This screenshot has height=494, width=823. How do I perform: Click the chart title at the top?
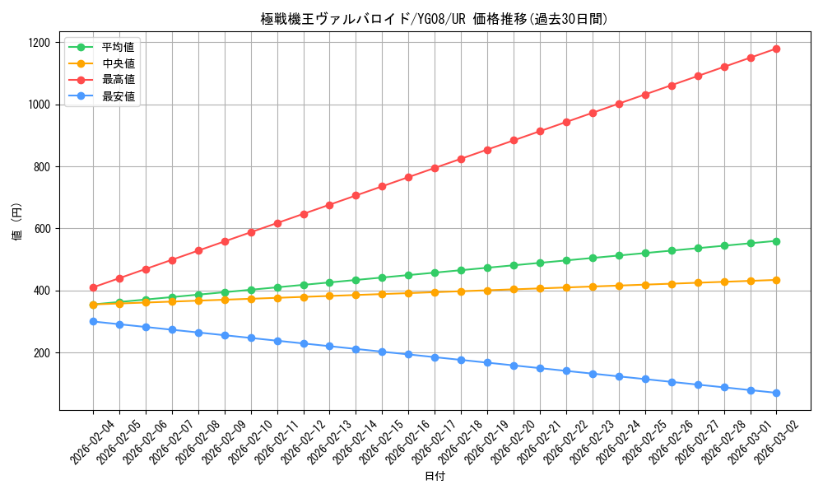coord(435,19)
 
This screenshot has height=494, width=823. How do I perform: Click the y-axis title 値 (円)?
coord(17,221)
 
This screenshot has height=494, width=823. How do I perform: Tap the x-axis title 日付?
coord(435,477)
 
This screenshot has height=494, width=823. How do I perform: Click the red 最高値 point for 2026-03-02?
coord(776,49)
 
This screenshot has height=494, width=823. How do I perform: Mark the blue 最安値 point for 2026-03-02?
coord(776,393)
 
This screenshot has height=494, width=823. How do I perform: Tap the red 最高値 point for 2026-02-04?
coord(93,287)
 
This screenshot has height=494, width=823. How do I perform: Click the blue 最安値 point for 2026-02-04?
coord(93,321)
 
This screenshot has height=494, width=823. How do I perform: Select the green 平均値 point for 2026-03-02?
coord(776,241)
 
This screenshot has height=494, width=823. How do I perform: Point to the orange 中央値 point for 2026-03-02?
coord(776,280)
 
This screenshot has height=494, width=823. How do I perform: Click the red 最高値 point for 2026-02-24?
coord(619,104)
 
